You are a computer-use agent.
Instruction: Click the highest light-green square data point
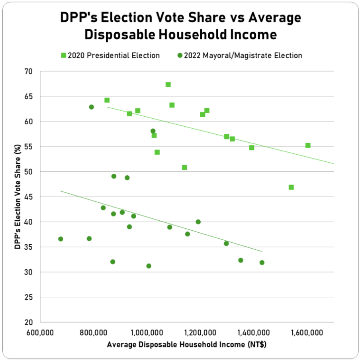click(168, 84)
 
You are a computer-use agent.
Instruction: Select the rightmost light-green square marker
click(308, 145)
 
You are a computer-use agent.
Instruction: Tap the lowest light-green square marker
click(291, 187)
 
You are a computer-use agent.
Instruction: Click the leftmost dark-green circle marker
click(61, 239)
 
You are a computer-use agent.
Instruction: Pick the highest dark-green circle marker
click(91, 107)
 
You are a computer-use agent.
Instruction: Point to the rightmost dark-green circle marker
click(262, 263)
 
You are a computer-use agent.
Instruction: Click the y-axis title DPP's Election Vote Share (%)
click(18, 197)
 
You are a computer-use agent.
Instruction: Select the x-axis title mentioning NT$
click(186, 345)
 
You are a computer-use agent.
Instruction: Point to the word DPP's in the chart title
click(80, 18)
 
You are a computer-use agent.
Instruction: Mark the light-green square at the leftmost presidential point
click(107, 100)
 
